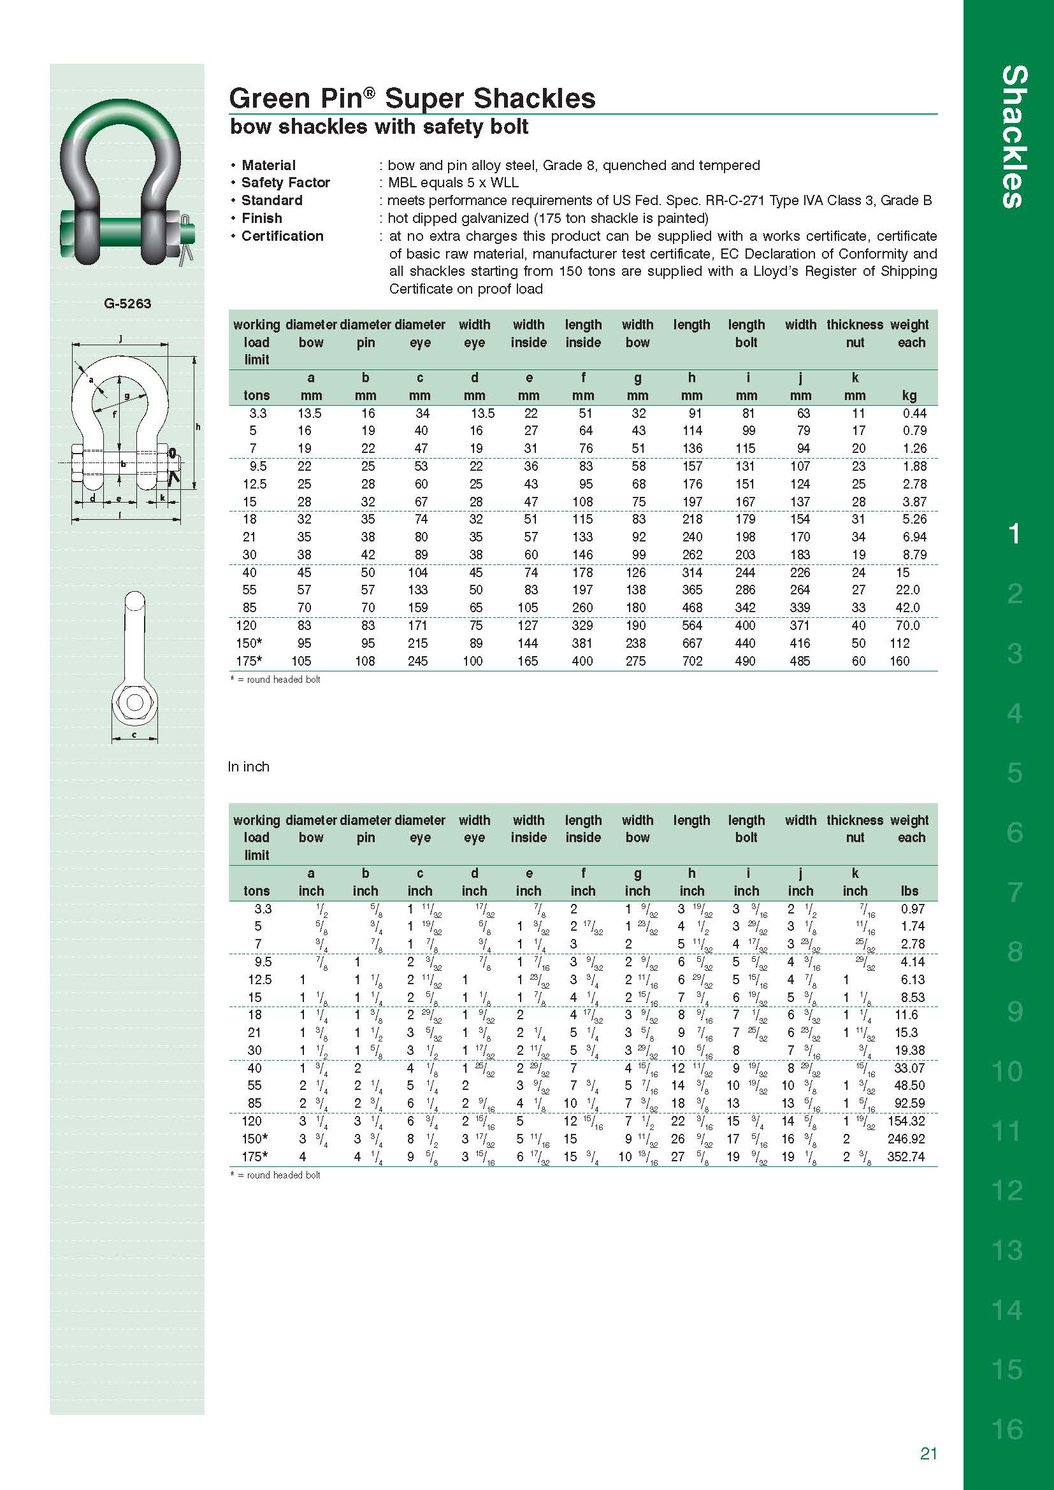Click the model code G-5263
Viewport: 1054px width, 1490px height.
[x=127, y=303]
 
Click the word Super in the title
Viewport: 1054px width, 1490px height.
[x=424, y=99]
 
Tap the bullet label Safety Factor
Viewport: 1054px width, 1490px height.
[x=285, y=182]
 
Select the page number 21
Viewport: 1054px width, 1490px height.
[x=928, y=1453]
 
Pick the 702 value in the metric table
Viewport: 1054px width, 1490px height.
[x=692, y=661]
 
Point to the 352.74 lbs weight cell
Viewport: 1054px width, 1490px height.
[x=906, y=1156]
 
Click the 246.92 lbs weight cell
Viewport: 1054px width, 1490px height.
[x=906, y=1138]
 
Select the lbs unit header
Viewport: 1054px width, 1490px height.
[x=909, y=891]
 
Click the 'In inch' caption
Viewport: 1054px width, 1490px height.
[x=248, y=766]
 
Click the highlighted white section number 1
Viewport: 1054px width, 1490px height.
[x=1014, y=534]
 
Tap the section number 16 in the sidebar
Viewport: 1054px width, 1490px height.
[x=1007, y=1428]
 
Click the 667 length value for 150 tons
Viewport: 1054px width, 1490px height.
[x=692, y=643]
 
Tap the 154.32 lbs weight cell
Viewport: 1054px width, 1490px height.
[x=906, y=1121]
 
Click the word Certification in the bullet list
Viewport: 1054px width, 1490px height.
[x=282, y=236]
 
